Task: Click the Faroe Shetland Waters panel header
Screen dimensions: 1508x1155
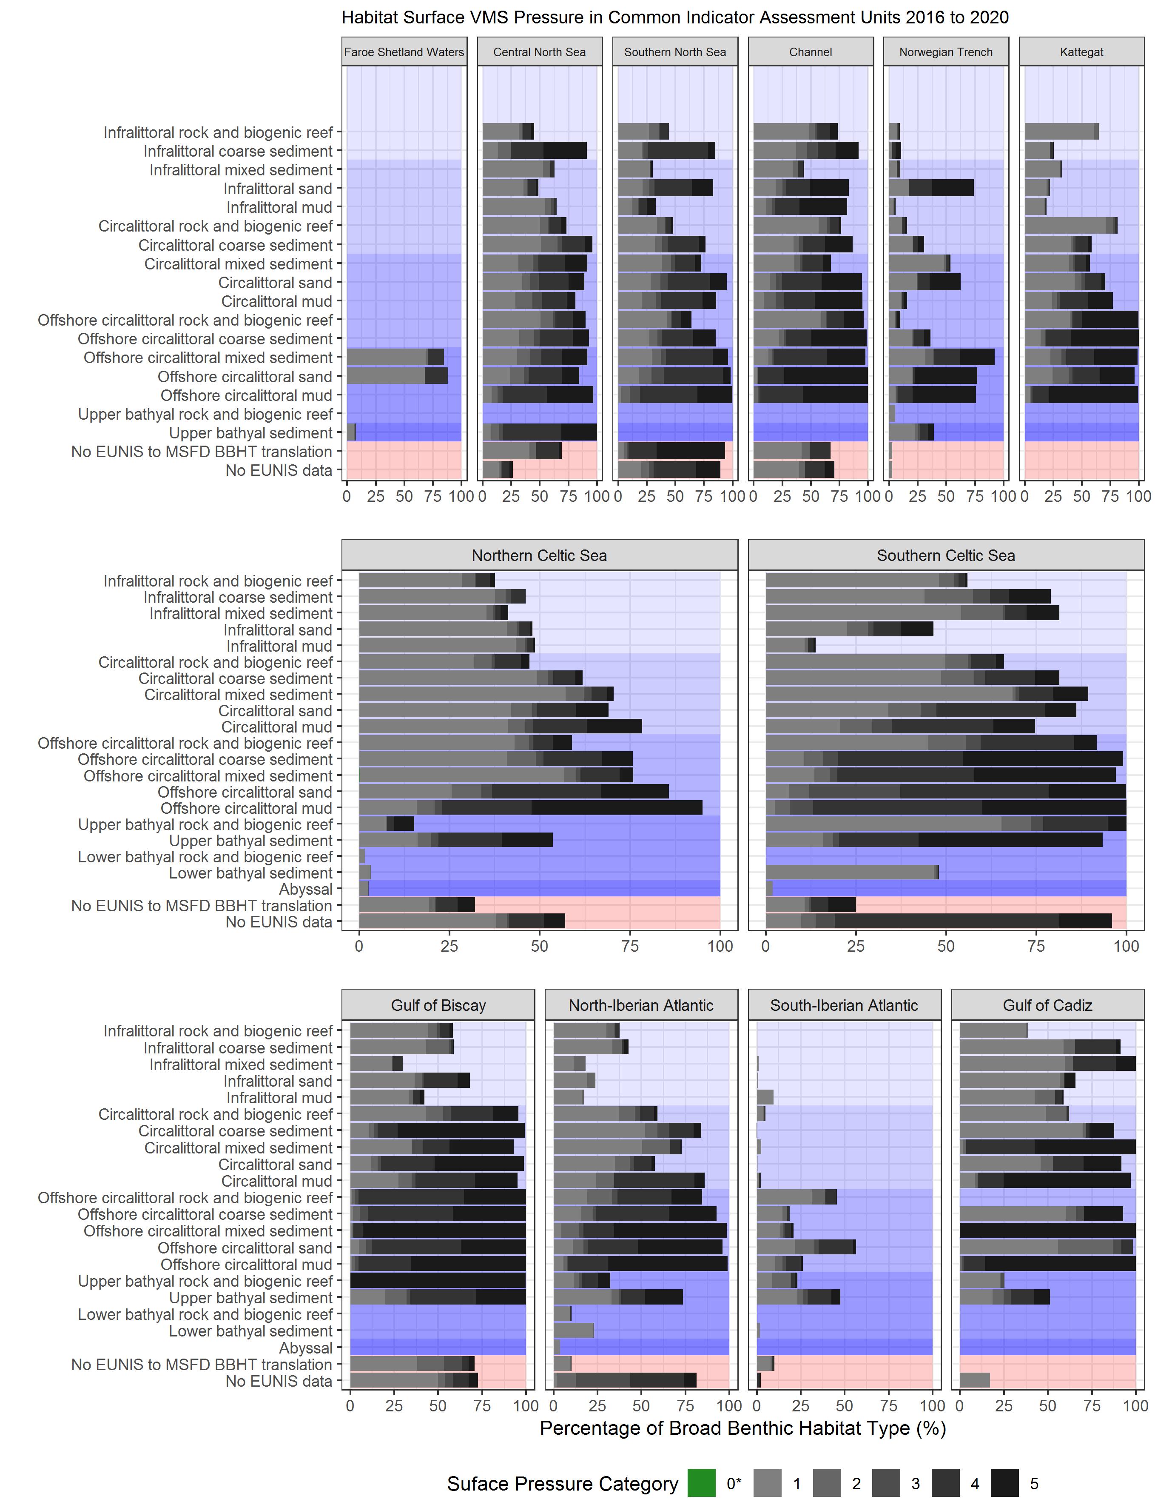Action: pos(404,52)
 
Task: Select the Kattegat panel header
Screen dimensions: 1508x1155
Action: pos(1081,52)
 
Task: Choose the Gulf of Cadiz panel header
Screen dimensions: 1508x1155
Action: pos(1047,1005)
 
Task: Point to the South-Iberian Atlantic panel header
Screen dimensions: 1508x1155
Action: pos(844,1005)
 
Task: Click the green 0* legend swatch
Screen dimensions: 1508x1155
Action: pos(701,1484)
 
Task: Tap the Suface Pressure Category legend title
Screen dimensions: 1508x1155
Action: pos(562,1484)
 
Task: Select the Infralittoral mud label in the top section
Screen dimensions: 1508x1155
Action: pos(279,208)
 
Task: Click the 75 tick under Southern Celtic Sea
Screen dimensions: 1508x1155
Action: pos(1036,946)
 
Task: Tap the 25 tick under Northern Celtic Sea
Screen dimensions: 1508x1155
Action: pos(449,946)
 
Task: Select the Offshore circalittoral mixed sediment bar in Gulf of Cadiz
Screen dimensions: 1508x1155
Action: pos(1047,1231)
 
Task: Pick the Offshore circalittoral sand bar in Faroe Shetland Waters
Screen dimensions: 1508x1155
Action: pos(397,376)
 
